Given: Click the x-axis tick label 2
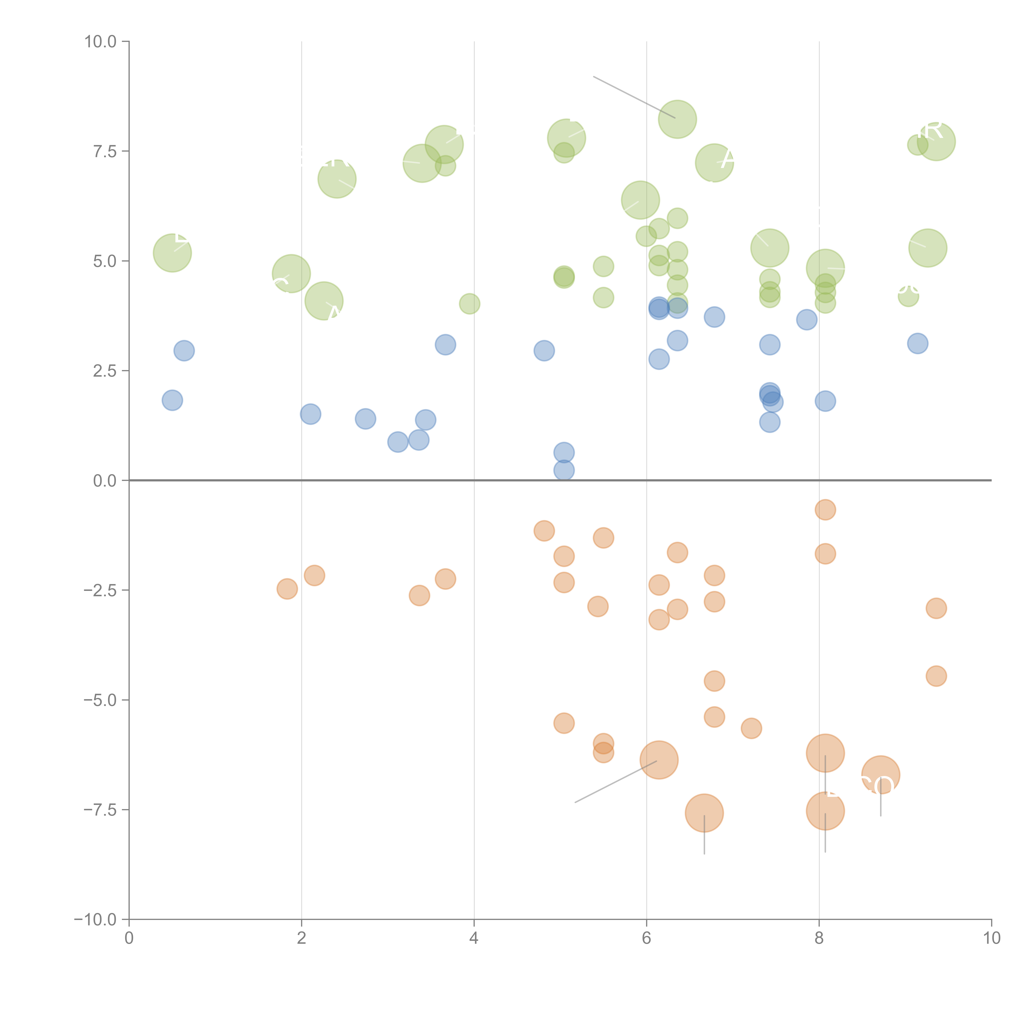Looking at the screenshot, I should [302, 938].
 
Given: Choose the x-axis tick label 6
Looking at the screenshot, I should [646, 938].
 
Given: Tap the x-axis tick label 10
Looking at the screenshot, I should [991, 938].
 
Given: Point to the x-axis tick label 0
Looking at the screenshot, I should [129, 938].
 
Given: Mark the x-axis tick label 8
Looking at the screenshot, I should [819, 938].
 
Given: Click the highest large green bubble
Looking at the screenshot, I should [677, 119].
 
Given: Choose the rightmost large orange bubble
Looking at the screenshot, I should [881, 775].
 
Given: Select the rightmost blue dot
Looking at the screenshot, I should [918, 343].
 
